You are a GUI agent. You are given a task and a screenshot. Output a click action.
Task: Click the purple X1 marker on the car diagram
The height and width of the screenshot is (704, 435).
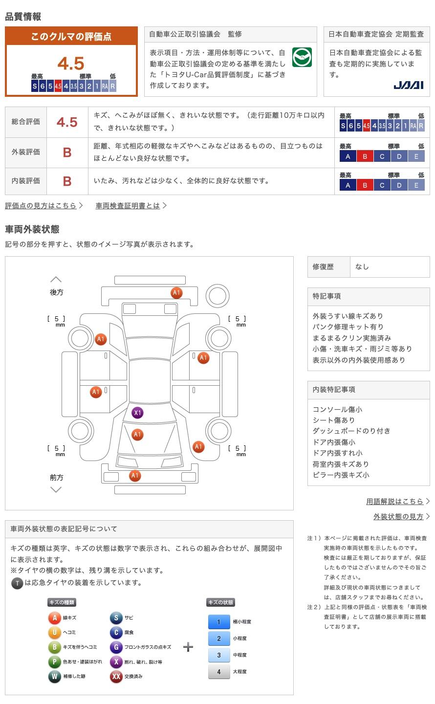coord(137,413)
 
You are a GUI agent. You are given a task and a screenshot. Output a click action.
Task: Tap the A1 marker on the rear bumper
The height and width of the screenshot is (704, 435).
coord(176,293)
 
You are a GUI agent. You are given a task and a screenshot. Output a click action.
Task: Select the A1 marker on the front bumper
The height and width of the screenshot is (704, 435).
coord(135,476)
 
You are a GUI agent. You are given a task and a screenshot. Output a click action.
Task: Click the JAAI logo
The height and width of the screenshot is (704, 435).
coord(408,85)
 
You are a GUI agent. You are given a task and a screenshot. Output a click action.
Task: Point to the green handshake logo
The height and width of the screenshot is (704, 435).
coord(302,58)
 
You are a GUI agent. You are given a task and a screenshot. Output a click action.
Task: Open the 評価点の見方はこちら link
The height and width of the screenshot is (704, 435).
coord(43,206)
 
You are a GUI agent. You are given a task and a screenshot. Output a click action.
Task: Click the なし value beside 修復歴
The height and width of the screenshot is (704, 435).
coord(362,267)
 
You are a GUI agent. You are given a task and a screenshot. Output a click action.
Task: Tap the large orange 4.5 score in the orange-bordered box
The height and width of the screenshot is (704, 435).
coord(71,64)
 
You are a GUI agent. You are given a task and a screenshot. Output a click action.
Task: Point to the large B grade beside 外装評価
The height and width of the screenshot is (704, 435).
coord(67,153)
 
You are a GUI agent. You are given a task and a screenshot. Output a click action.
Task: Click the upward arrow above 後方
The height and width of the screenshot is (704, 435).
coord(56,280)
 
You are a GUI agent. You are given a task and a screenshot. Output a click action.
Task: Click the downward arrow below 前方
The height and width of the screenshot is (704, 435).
coord(56,489)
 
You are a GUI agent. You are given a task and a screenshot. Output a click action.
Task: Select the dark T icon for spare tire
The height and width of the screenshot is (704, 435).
coord(17,583)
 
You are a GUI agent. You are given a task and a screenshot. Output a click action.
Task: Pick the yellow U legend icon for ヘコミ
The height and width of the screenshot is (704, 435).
coord(54,633)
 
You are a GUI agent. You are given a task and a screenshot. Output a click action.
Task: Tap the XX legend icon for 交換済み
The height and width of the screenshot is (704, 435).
coord(116,677)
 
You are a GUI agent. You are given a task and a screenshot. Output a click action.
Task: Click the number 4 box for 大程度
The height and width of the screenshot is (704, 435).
coord(218,672)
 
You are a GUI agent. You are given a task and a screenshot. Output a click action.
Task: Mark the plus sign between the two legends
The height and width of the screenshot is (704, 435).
coord(188,647)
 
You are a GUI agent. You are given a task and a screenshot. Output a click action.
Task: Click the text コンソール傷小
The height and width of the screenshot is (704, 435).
coord(337,410)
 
